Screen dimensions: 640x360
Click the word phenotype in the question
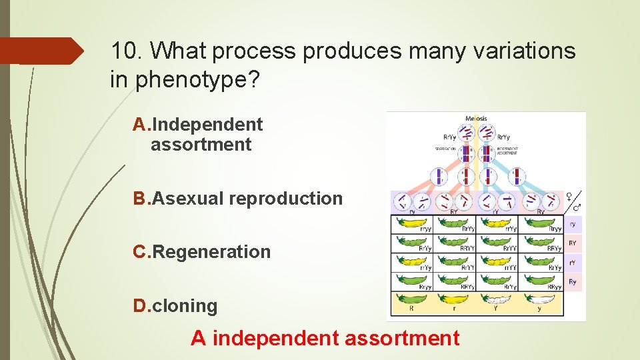192,80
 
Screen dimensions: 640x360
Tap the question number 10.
126,51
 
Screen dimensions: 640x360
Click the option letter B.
141,199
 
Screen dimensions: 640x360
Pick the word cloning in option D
185,306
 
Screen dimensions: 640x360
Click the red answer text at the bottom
325,338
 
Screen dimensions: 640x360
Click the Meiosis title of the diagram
476,119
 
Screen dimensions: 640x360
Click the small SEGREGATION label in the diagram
445,148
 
